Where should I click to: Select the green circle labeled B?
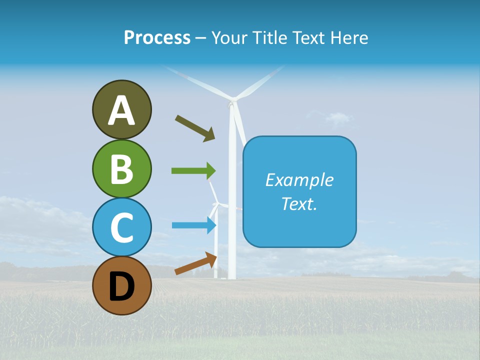121,168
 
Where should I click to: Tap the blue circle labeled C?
121,227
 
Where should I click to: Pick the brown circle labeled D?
121,285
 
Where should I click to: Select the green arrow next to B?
193,171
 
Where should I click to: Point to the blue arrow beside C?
194,225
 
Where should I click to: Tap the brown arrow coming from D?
196,264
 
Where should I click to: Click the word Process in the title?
157,37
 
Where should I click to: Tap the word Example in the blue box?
299,180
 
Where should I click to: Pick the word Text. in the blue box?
299,203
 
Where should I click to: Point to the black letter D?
121,286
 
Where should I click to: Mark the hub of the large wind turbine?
231,103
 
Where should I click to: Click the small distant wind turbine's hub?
216,204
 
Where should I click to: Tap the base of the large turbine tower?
232,276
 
